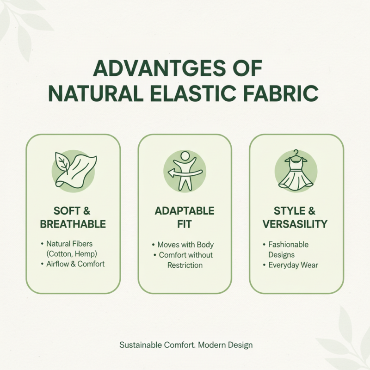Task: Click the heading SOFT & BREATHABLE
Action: tap(73, 217)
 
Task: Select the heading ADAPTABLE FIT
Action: tap(185, 217)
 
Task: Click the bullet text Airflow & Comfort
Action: tap(75, 264)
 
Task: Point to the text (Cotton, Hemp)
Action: tap(71, 253)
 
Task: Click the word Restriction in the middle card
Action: tap(185, 265)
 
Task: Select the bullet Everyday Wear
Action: tap(293, 265)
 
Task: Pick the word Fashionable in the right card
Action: tap(288, 244)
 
